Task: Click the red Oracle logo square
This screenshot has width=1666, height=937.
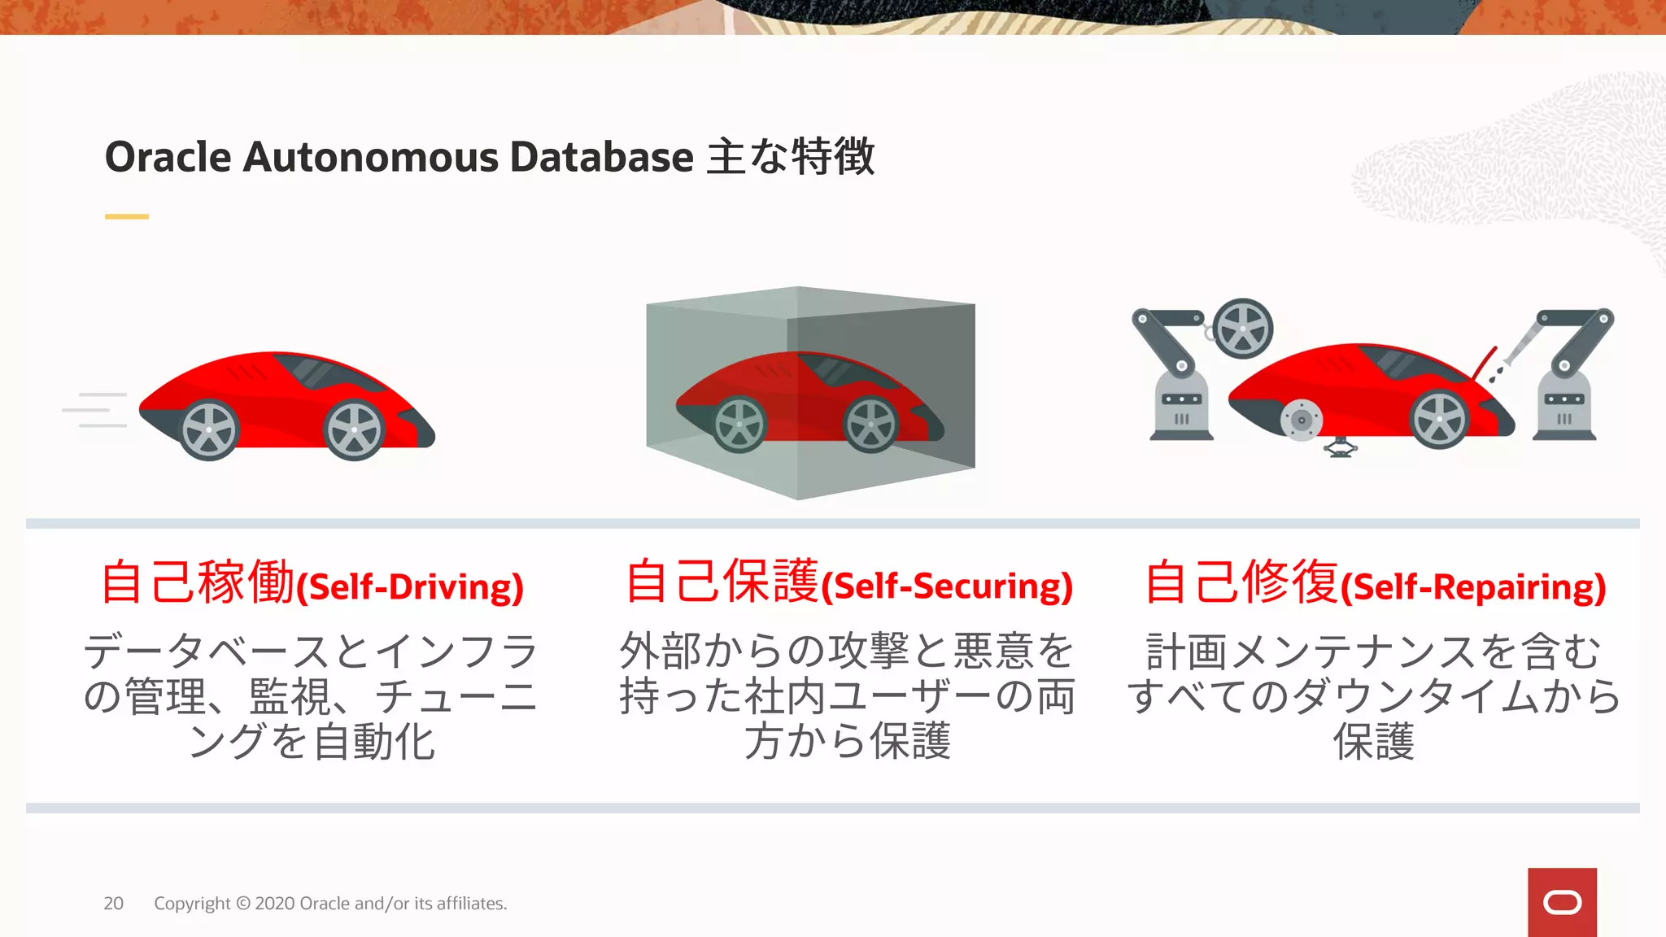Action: tap(1562, 902)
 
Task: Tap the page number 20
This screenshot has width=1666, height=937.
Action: tap(113, 904)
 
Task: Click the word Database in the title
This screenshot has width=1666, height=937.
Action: tap(601, 157)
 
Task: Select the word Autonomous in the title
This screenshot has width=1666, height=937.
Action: tap(370, 157)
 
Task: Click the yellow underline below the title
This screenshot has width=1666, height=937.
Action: tap(127, 216)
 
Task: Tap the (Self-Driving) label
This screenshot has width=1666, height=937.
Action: tap(410, 587)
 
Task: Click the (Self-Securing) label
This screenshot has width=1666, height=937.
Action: tap(948, 587)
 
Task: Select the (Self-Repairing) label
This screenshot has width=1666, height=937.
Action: tap(1473, 587)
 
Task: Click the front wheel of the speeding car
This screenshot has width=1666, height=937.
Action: tap(354, 430)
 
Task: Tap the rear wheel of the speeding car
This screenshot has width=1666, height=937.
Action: tap(209, 430)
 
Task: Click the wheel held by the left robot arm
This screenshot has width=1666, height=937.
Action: tap(1242, 329)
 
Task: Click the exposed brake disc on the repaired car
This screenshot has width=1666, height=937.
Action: tap(1301, 421)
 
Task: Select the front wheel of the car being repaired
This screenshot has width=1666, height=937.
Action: tap(1439, 419)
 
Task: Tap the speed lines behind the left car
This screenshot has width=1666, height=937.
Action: tap(96, 409)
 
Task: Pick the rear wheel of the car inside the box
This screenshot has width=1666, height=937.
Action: tap(739, 424)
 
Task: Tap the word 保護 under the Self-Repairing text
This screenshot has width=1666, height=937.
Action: tap(1374, 742)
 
